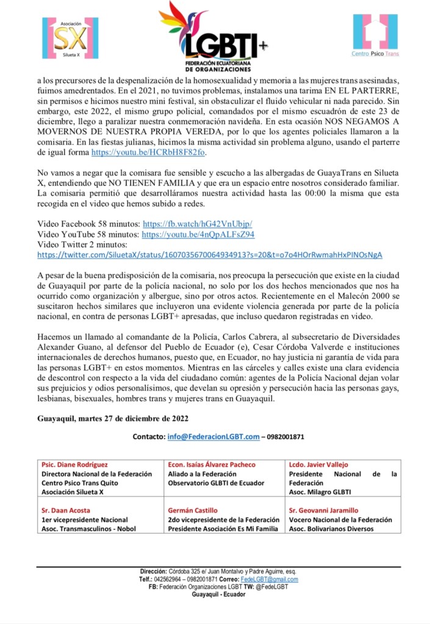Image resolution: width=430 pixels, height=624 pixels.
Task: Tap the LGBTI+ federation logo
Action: (213, 37)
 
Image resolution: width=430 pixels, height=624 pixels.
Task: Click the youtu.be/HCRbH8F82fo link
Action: (148, 168)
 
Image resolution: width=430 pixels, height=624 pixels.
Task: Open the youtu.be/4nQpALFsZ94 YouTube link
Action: (198, 234)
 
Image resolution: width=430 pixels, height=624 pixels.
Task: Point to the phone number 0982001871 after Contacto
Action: (284, 437)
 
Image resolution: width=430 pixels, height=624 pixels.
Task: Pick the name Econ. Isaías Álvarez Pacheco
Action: (212, 465)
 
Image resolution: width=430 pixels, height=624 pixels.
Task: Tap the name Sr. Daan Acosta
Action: (65, 511)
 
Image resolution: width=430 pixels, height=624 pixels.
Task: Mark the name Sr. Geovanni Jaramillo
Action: (323, 511)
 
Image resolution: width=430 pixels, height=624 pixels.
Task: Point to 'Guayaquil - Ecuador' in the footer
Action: (218, 595)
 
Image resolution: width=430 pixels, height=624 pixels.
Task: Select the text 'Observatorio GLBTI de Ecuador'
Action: (216, 483)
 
